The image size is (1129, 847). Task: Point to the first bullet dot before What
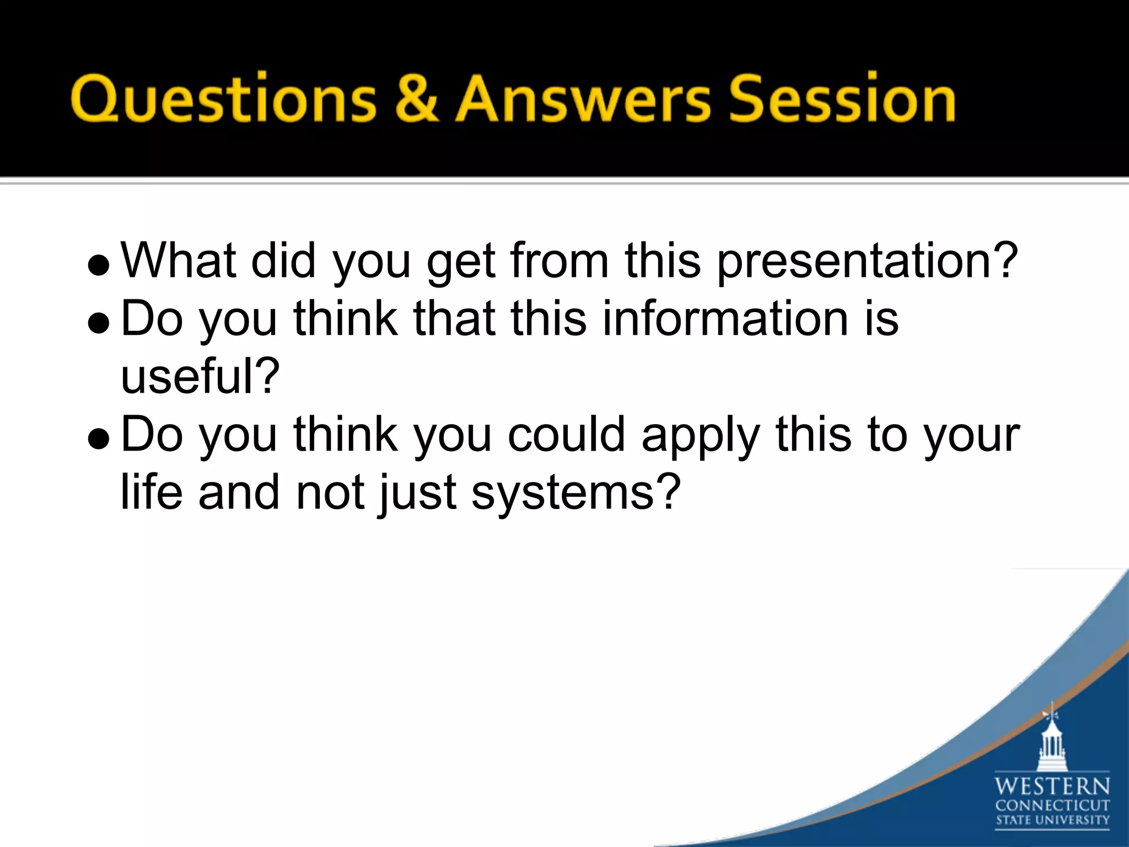click(x=99, y=266)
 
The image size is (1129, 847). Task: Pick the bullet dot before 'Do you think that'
click(x=99, y=324)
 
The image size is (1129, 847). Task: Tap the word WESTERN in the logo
click(x=1052, y=786)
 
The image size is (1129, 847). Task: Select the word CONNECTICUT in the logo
click(x=1052, y=806)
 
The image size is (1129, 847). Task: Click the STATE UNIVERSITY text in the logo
click(x=1052, y=820)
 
